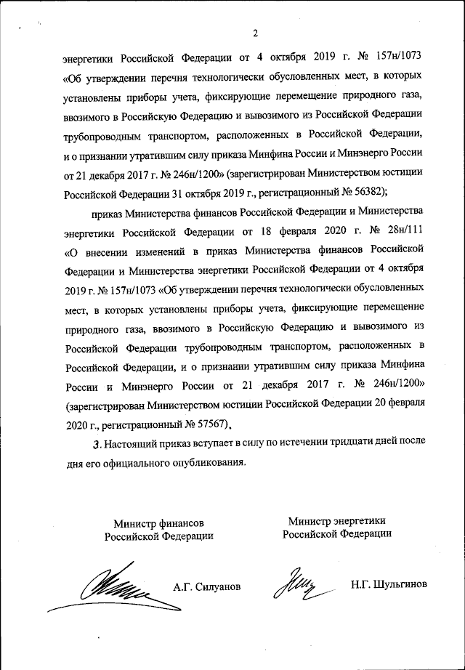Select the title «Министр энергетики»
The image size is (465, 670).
coord(336,520)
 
